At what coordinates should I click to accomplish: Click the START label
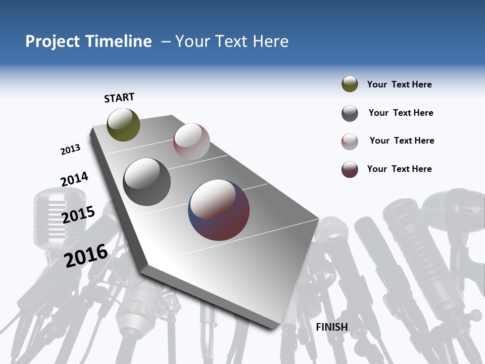[x=119, y=98]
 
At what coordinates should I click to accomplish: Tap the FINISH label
[x=331, y=327]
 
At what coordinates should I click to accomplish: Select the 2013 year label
[x=70, y=150]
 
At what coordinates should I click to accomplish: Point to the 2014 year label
[x=74, y=179]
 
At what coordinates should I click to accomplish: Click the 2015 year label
[x=78, y=214]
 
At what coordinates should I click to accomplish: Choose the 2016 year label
[x=86, y=255]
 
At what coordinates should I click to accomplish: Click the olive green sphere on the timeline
[x=123, y=124]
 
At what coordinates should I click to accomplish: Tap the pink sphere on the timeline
[x=191, y=141]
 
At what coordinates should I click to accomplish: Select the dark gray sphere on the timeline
[x=147, y=181]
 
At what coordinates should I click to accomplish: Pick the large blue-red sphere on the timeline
[x=219, y=209]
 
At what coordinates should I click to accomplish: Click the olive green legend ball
[x=350, y=84]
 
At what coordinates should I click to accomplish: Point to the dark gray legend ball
[x=350, y=113]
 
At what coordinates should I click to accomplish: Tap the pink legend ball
[x=350, y=142]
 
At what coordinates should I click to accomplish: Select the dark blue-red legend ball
[x=350, y=169]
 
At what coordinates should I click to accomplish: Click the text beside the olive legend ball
[x=399, y=84]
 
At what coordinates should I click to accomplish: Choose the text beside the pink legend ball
[x=402, y=141]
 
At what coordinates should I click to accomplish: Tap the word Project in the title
[x=53, y=41]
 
